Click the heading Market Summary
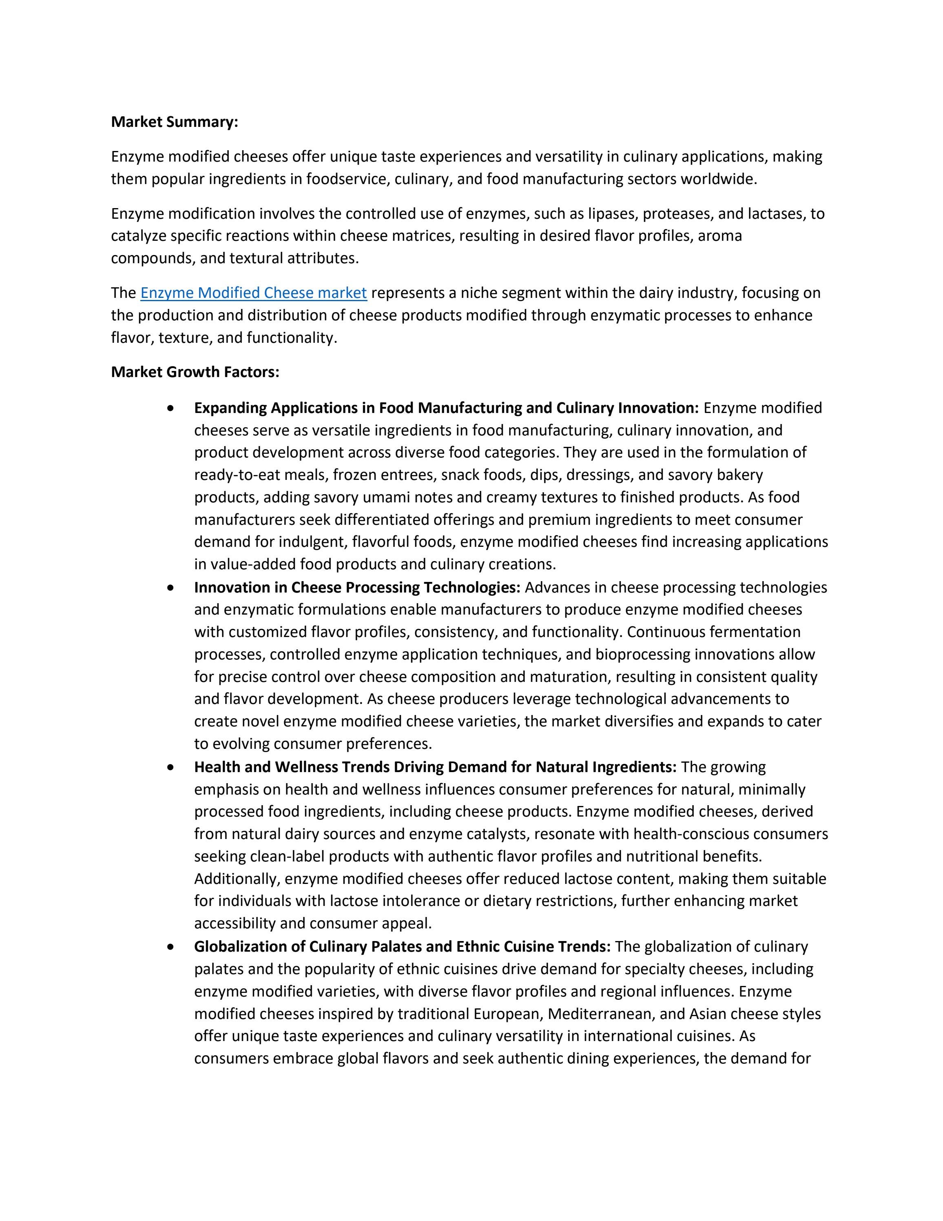(174, 122)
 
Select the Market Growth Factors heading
(195, 372)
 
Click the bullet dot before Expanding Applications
(170, 408)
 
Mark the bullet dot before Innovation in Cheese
(170, 588)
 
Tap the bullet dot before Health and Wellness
(170, 768)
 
